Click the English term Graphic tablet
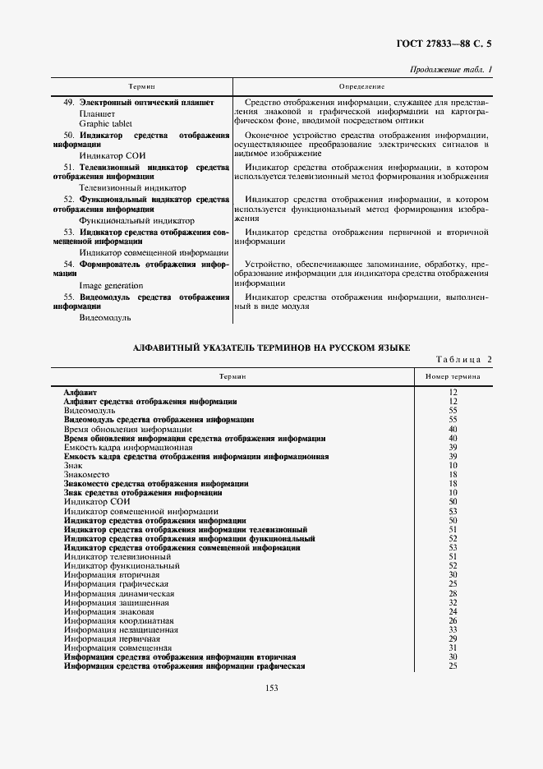(99, 123)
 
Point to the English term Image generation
(111, 285)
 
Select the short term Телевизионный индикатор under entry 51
(121, 187)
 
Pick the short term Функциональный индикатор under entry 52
(125, 220)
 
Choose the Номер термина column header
(453, 375)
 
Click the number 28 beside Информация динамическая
(453, 593)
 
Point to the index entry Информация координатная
(118, 620)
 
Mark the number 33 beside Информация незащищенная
(453, 629)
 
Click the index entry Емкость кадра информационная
(127, 447)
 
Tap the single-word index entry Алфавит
(81, 392)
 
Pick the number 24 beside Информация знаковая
(453, 611)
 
